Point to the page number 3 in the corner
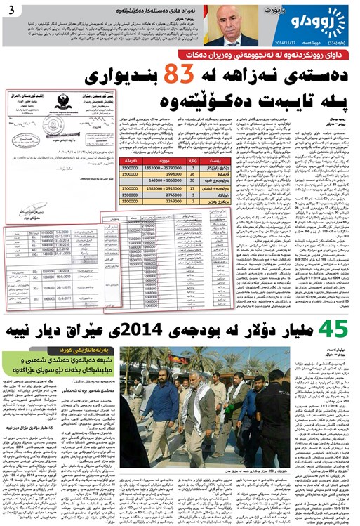click(10, 9)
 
